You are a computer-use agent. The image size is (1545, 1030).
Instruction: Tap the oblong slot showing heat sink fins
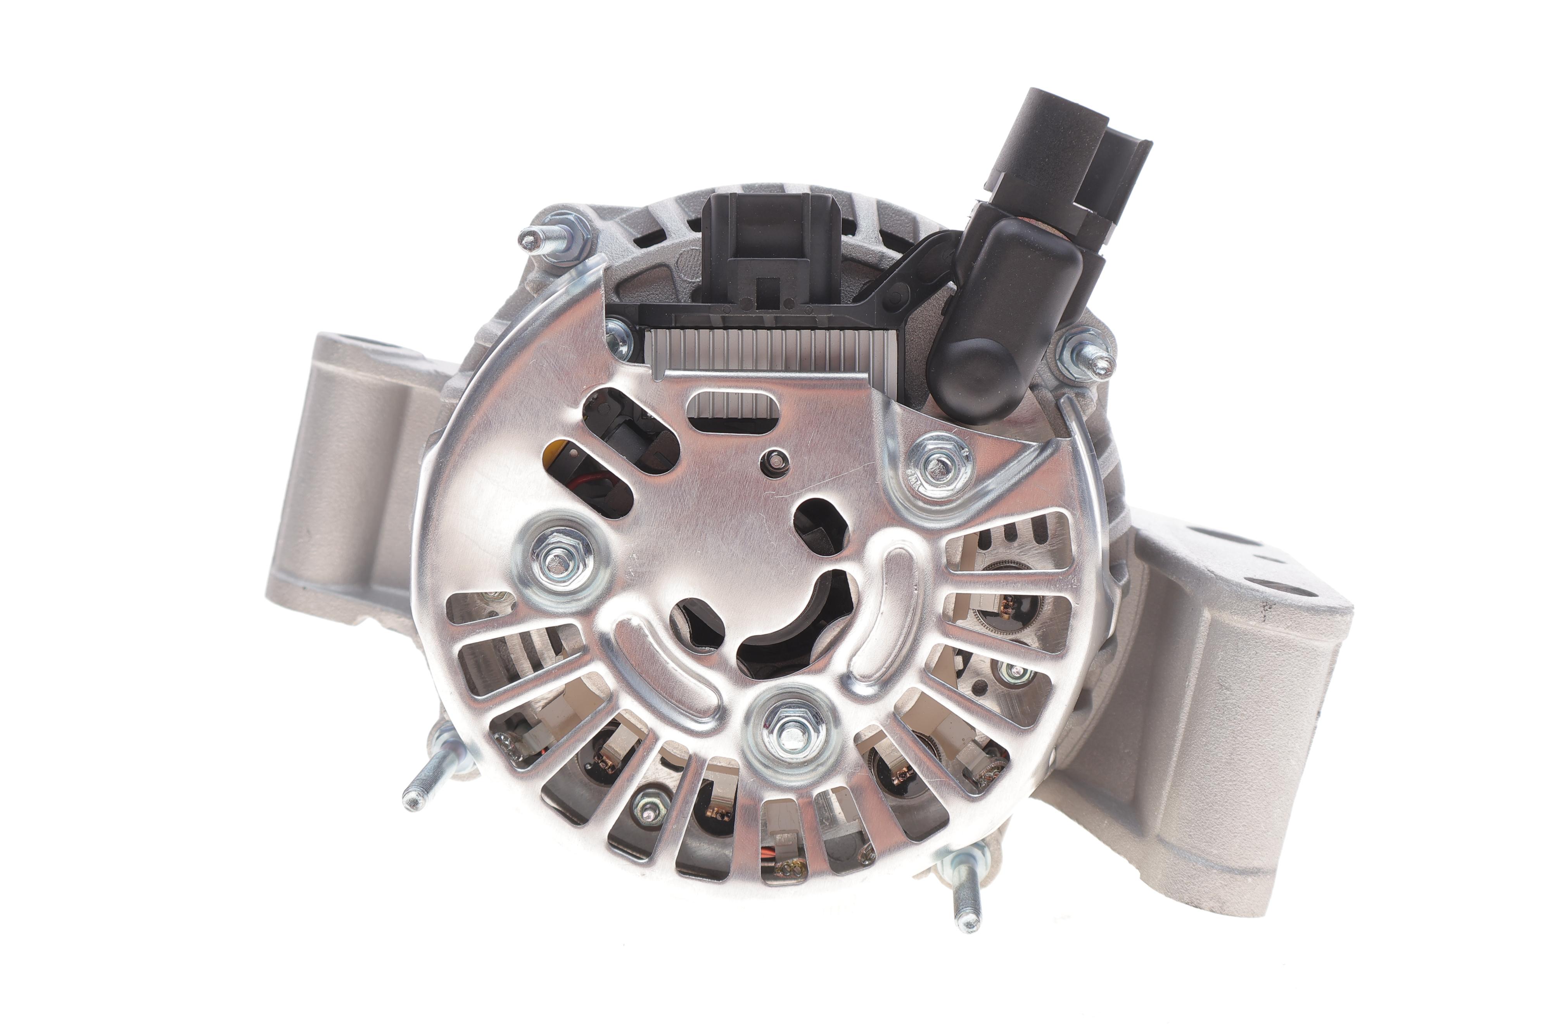click(734, 411)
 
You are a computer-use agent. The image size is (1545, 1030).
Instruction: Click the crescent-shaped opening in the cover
click(802, 627)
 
